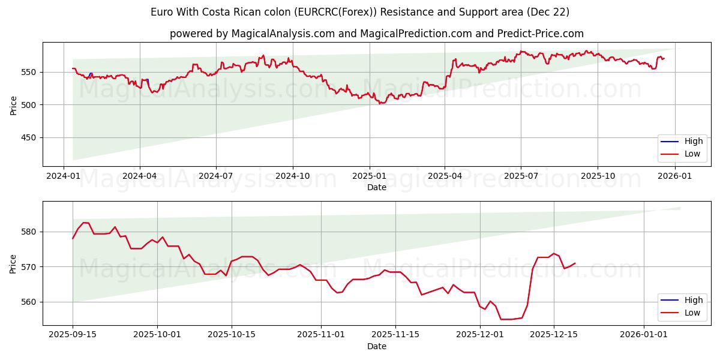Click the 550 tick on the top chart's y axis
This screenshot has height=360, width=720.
tap(30, 72)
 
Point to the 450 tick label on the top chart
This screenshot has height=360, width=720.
tap(30, 137)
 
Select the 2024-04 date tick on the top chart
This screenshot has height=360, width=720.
tap(140, 176)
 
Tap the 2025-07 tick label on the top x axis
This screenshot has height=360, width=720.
tap(520, 176)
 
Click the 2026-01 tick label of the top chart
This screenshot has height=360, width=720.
tap(675, 176)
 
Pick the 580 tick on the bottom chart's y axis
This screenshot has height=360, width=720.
tap(30, 232)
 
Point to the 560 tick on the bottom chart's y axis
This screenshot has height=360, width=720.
tap(30, 302)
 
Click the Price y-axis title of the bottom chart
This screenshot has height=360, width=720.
tap(13, 263)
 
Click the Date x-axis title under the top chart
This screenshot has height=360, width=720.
tap(376, 187)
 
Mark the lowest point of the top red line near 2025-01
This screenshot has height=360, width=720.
tap(380, 104)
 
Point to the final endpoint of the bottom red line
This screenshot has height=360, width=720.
tap(575, 263)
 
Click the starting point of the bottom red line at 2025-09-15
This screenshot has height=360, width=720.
tap(73, 239)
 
